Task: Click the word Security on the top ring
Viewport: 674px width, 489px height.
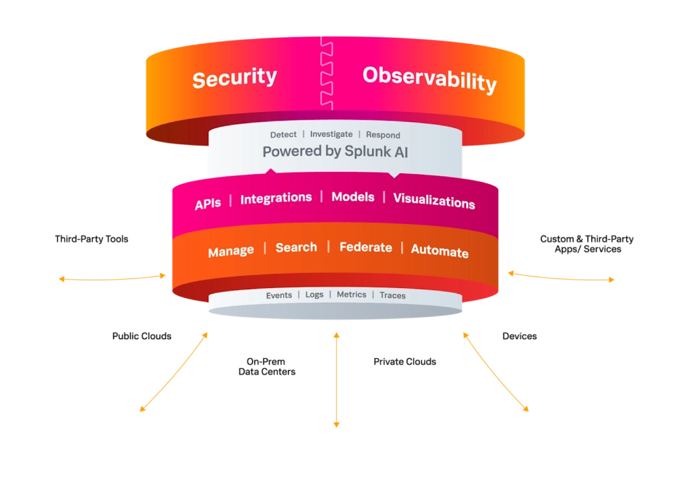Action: [x=235, y=78]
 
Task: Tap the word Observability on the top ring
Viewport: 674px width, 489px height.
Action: [x=429, y=79]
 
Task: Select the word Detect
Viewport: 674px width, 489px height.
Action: [x=283, y=135]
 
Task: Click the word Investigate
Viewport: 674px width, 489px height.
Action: [x=331, y=134]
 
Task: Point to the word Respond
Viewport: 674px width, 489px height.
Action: [x=383, y=135]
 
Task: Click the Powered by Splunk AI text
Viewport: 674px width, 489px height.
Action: [x=335, y=152]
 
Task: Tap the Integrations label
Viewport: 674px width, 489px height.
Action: [x=276, y=198]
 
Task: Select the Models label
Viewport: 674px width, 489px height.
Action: [x=353, y=197]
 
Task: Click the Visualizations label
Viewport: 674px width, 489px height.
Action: [x=434, y=201]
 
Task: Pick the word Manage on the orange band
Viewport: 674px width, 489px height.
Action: [x=231, y=252]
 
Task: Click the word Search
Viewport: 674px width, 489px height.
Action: [x=296, y=248]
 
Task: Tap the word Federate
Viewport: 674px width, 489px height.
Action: [x=365, y=248]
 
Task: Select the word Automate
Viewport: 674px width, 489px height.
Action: [x=439, y=251]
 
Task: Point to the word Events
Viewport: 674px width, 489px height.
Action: [x=279, y=295]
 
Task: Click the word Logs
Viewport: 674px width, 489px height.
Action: [x=314, y=295]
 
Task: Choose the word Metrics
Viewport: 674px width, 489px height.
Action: [x=351, y=295]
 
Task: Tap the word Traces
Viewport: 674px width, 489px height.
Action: [x=392, y=295]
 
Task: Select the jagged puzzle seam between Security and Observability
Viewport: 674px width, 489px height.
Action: [x=326, y=71]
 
